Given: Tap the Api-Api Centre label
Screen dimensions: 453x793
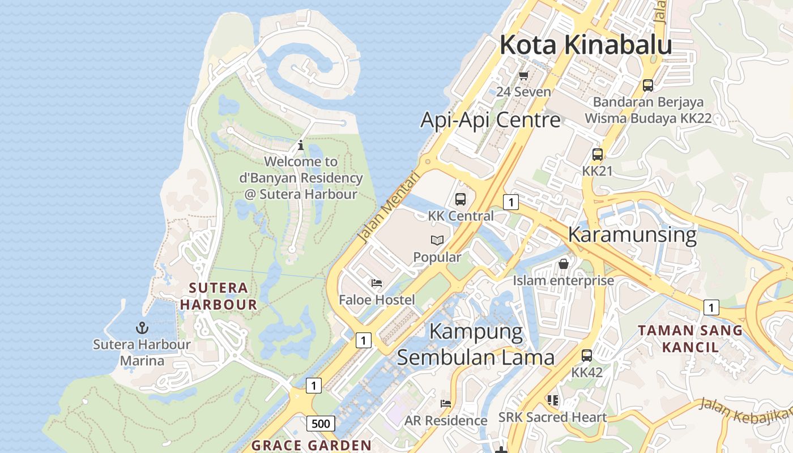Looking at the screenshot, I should click(x=491, y=120).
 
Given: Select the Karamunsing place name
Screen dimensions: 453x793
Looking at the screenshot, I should click(x=632, y=234).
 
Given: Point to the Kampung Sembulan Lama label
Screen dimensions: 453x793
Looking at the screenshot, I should click(x=476, y=344).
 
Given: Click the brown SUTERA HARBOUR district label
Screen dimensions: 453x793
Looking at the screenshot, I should click(x=219, y=296).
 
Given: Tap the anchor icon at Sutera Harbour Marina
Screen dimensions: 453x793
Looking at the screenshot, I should click(x=142, y=328).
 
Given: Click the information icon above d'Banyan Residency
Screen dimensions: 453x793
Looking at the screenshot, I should click(x=301, y=145).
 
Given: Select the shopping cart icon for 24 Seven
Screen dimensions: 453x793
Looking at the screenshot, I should click(x=523, y=75).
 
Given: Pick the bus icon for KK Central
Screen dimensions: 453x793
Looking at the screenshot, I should click(x=460, y=199).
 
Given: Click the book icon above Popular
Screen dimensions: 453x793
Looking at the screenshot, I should click(x=437, y=241).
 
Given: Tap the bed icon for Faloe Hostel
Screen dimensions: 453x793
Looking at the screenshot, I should click(x=377, y=283).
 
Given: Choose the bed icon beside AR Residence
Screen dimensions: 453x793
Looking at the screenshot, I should click(x=446, y=404).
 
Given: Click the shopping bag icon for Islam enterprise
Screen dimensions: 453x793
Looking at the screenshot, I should click(x=564, y=264).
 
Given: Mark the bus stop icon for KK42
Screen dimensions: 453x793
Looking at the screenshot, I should click(x=587, y=356).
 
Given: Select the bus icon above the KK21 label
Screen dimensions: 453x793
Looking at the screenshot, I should click(x=597, y=154).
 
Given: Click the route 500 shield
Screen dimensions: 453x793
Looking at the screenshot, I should click(x=321, y=423).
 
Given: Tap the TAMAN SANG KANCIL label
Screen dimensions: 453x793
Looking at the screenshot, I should click(x=690, y=339).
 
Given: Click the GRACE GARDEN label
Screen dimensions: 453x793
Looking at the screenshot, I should click(x=312, y=446).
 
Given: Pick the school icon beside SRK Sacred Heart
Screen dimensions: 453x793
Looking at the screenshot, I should click(x=553, y=401).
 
